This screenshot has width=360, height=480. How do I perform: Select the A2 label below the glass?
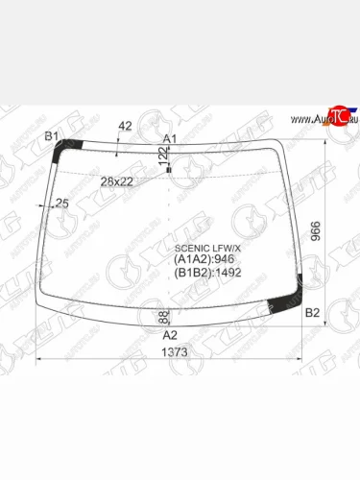click(x=169, y=335)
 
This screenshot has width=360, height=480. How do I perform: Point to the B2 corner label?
click(x=312, y=313)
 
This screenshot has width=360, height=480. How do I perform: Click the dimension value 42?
click(x=124, y=127)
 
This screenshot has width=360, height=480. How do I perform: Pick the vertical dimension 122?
click(x=162, y=156)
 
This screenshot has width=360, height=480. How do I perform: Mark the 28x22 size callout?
click(x=117, y=181)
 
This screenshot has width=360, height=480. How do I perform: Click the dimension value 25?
click(x=62, y=203)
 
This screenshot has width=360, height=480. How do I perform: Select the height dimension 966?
click(x=340, y=231)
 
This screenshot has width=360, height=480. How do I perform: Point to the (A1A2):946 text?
click(x=204, y=258)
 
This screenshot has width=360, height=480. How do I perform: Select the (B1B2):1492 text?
click(x=207, y=272)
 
